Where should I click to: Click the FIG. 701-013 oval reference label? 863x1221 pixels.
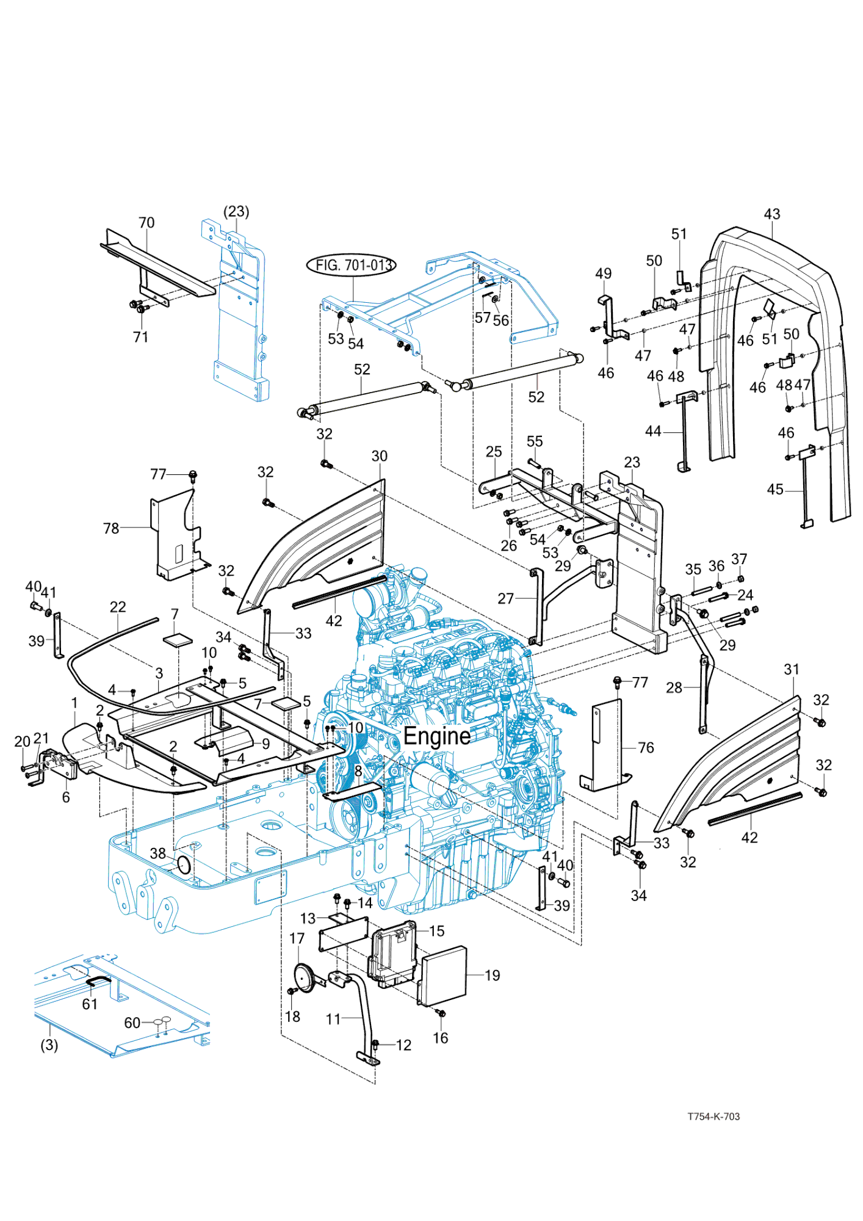pyautogui.click(x=352, y=265)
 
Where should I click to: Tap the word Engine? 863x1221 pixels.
pyautogui.click(x=437, y=736)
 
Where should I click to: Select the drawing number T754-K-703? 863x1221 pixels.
pyautogui.click(x=713, y=1117)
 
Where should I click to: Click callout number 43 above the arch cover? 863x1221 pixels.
pyautogui.click(x=771, y=214)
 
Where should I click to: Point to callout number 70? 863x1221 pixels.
pyautogui.click(x=146, y=223)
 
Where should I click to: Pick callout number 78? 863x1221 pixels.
pyautogui.click(x=111, y=528)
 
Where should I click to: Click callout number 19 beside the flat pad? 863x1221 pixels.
pyautogui.click(x=492, y=976)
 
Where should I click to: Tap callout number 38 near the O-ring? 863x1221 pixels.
pyautogui.click(x=157, y=853)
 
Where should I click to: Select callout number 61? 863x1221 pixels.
pyautogui.click(x=90, y=1004)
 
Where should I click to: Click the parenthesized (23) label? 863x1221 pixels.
pyautogui.click(x=236, y=211)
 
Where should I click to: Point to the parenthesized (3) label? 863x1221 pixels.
pyautogui.click(x=49, y=1045)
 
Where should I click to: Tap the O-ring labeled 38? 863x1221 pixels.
pyautogui.click(x=184, y=864)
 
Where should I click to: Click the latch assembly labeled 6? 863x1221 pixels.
pyautogui.click(x=58, y=763)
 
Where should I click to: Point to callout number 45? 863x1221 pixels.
pyautogui.click(x=775, y=490)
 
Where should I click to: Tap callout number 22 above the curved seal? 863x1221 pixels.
pyautogui.click(x=118, y=607)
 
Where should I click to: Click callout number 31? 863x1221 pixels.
pyautogui.click(x=792, y=669)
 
